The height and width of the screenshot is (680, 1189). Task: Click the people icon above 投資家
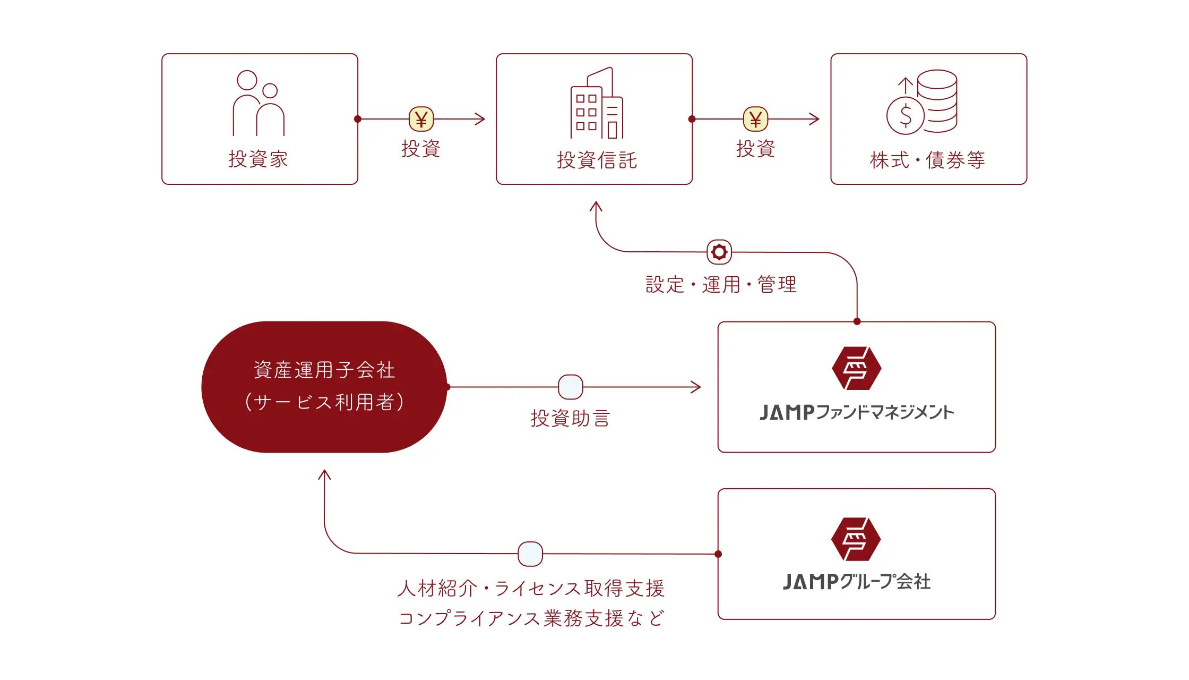259,103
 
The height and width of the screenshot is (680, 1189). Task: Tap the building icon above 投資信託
597,103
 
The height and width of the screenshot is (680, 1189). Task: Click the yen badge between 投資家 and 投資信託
421,119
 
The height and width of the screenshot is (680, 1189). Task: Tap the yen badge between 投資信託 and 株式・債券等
755,119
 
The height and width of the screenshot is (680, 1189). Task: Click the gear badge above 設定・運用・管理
719,252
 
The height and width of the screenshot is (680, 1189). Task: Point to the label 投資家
258,159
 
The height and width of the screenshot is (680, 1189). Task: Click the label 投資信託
597,160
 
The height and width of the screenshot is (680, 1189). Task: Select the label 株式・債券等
927,160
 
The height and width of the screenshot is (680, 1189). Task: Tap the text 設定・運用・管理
721,285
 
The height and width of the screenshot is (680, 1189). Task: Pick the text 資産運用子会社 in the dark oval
324,370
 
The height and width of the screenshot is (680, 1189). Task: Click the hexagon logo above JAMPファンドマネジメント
856,368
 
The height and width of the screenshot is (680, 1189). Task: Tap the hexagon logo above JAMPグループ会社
856,539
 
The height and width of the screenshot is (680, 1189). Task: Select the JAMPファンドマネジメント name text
856,413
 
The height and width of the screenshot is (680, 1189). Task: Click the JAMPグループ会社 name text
856,582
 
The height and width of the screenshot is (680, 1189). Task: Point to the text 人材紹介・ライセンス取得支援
531,589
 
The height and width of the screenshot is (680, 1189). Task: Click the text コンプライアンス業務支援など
531,618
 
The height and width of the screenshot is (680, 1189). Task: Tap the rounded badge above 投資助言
571,387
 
